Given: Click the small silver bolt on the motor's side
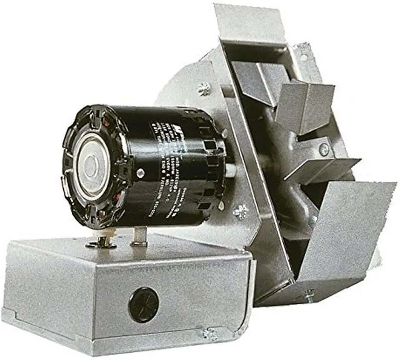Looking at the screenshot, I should tap(140, 172).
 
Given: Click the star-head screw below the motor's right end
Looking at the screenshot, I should tap(240, 212).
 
